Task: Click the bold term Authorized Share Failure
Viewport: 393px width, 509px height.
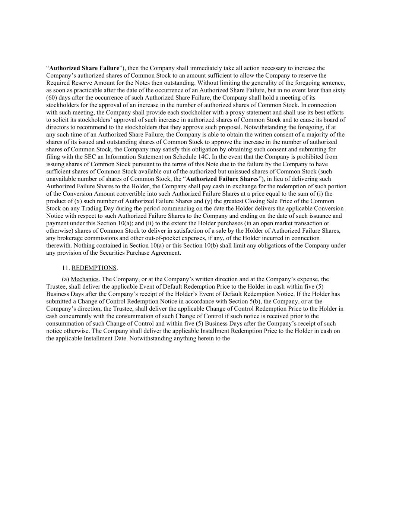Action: coord(84,68)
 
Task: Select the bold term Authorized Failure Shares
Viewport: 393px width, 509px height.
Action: coord(222,179)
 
